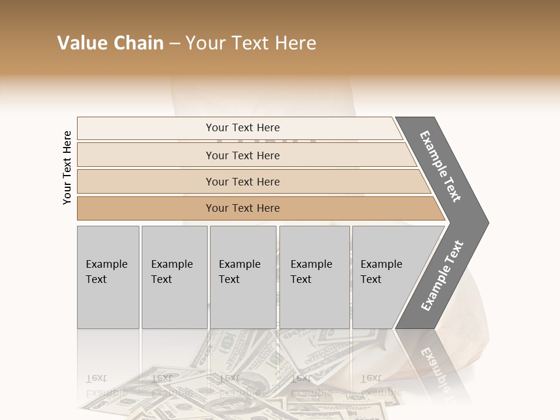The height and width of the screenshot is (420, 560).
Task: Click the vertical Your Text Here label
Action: (x=67, y=167)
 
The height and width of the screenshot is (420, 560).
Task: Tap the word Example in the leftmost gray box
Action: (x=106, y=264)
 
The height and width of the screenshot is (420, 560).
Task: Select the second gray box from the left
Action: (x=174, y=277)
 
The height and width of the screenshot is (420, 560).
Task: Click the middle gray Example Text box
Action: (x=243, y=277)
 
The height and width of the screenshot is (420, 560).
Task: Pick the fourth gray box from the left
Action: (x=314, y=277)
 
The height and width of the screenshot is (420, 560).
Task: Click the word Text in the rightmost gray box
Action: (x=370, y=279)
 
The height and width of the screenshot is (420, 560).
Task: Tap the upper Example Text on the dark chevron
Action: (x=440, y=166)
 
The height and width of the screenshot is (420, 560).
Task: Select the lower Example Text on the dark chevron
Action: (x=442, y=276)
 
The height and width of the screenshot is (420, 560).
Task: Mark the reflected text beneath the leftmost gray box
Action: (x=106, y=385)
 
